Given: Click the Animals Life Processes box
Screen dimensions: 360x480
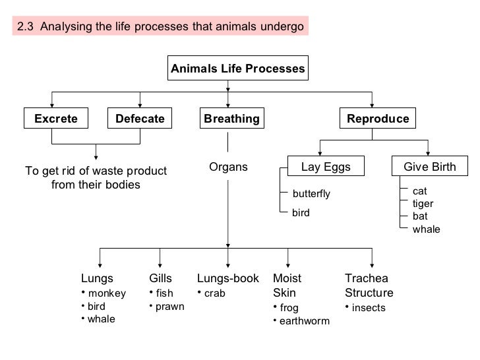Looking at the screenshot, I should [x=238, y=69].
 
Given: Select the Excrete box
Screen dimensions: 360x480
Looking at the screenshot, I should [x=56, y=119].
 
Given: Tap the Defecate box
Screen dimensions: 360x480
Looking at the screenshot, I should [x=140, y=119].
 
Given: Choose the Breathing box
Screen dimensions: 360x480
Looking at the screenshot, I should [x=231, y=119].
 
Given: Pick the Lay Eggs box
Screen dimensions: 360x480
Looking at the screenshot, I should [x=326, y=167].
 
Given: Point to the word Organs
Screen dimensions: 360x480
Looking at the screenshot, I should [x=228, y=167].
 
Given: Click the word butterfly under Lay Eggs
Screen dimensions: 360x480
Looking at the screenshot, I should [x=311, y=194].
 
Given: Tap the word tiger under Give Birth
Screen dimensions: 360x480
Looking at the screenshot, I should [x=423, y=204].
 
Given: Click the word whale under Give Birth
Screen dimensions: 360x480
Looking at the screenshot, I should [x=426, y=229].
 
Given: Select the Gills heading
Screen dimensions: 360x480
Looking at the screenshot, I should [x=161, y=279].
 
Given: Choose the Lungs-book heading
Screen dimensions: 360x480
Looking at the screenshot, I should [x=228, y=279].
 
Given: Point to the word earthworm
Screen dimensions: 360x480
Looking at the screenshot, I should [x=305, y=321].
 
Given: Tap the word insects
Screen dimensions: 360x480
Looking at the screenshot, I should [x=369, y=308].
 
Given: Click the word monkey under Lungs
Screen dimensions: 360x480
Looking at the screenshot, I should [x=107, y=293].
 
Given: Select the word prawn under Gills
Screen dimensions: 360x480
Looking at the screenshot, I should [x=169, y=307].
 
